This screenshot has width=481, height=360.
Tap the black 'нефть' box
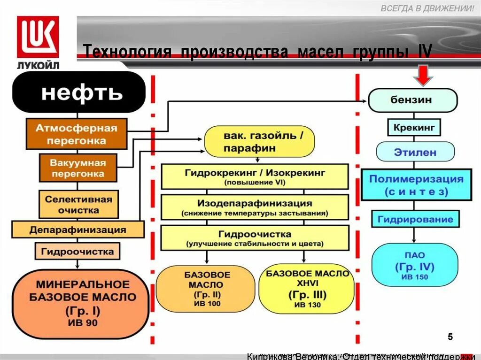click(78, 92)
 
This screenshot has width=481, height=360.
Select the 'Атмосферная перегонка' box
click(77, 134)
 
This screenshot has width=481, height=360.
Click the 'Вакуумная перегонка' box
click(78, 168)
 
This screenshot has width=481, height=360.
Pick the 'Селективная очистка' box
click(78, 204)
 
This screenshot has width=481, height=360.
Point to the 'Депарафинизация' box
click(78, 230)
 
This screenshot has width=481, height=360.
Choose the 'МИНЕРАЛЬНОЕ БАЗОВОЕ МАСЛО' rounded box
click(79, 303)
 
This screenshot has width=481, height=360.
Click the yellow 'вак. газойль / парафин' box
click(259, 142)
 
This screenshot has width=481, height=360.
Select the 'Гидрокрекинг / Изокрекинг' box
click(255, 176)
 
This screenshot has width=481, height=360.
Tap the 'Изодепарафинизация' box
click(255, 207)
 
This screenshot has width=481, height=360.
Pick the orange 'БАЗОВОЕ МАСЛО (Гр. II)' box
click(207, 289)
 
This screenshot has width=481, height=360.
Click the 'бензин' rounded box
click(412, 100)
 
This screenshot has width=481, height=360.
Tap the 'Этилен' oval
click(415, 152)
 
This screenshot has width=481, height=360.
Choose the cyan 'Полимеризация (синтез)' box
click(416, 185)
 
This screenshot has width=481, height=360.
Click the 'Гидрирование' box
click(415, 219)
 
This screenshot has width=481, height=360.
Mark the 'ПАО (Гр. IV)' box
click(414, 265)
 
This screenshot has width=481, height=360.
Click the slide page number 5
click(450, 337)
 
